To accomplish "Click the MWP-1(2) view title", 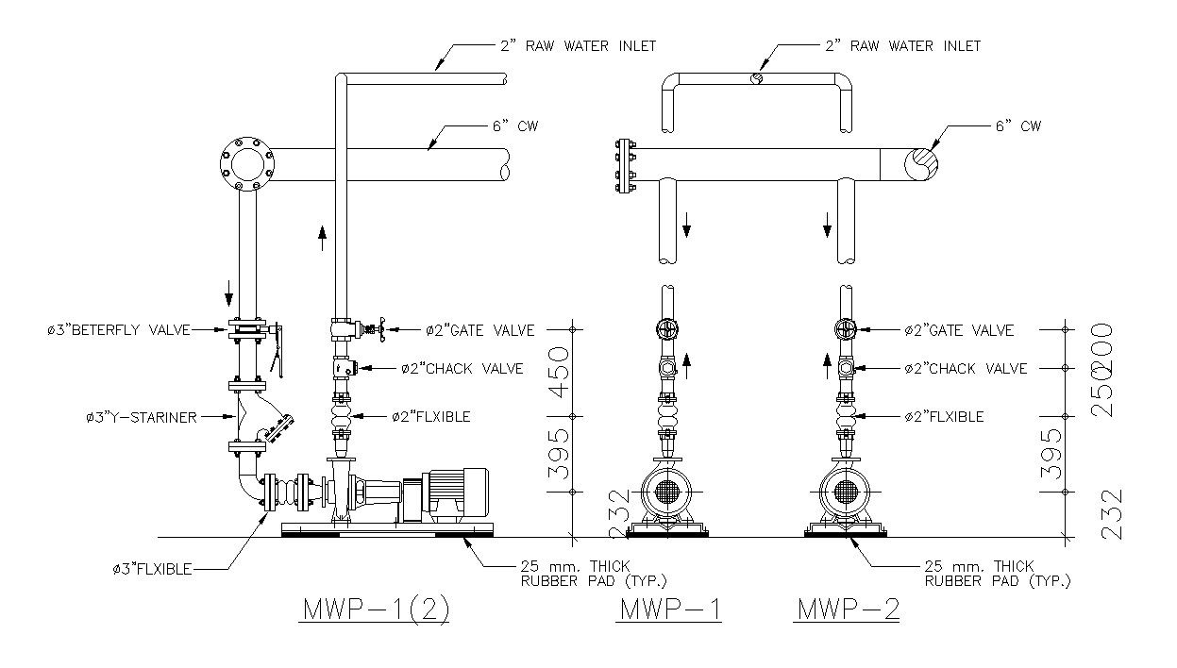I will (x=375, y=610).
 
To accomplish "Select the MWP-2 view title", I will (x=848, y=610).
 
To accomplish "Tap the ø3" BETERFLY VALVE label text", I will (x=119, y=330).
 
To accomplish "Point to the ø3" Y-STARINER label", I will (x=135, y=416).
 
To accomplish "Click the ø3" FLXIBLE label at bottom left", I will (x=151, y=568).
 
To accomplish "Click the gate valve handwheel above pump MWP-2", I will (x=846, y=330).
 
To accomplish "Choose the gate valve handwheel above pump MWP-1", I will (x=667, y=330).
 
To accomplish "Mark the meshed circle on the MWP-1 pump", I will (x=667, y=492).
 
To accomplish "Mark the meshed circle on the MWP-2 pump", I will (x=846, y=492).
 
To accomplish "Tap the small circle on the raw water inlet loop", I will (x=757, y=79).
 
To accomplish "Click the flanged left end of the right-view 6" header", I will (x=623, y=167).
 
